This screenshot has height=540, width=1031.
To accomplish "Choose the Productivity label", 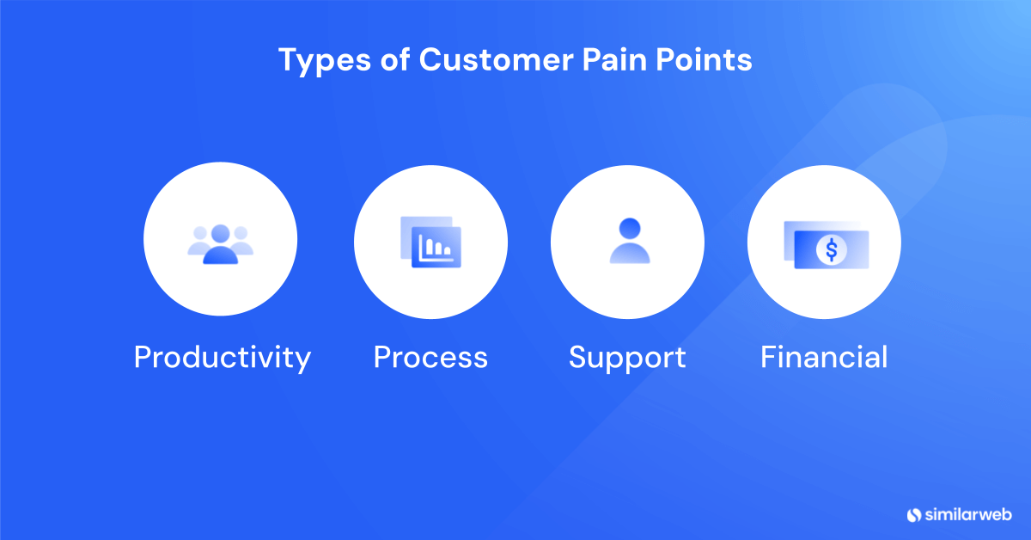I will click(x=222, y=357).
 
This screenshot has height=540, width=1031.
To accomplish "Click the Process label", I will click(x=430, y=357).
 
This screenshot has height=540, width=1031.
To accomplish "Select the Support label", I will click(x=627, y=357).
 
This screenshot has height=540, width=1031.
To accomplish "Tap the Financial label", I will click(x=824, y=357).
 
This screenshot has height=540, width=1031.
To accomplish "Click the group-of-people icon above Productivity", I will click(x=221, y=243).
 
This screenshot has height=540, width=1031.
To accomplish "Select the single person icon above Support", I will click(x=629, y=241).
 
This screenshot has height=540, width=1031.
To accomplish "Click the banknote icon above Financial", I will click(x=826, y=245).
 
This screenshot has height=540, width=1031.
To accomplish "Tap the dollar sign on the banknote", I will click(x=831, y=250).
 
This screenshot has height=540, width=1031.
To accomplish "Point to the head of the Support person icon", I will click(x=629, y=229).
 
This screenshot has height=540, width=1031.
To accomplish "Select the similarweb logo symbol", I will click(x=914, y=515).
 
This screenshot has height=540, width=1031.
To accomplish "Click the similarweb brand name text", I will click(x=968, y=515).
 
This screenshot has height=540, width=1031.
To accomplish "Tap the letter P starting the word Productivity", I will click(x=143, y=357).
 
